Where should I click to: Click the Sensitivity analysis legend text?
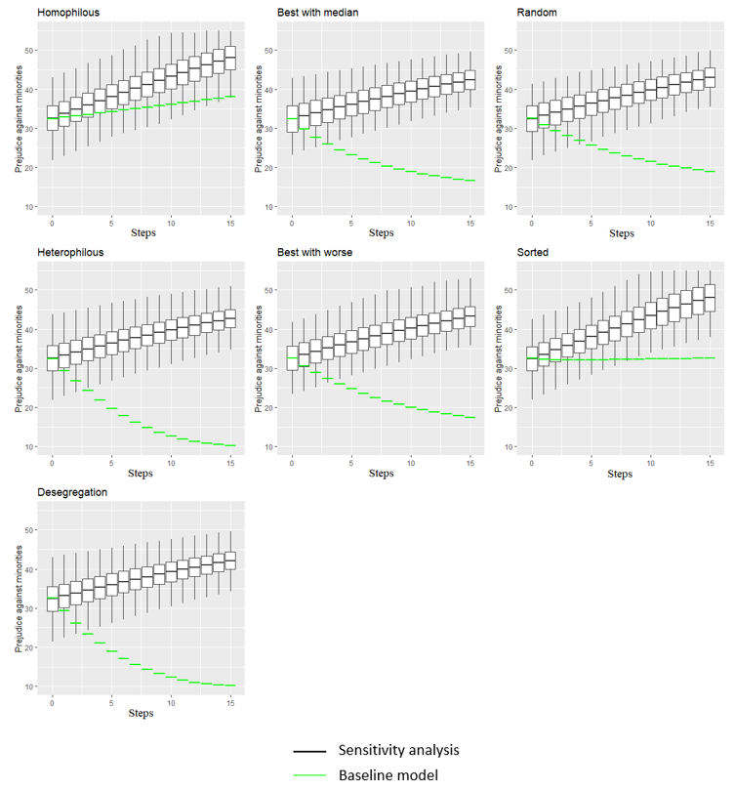tap(398, 750)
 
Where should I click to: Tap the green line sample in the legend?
tap(309, 775)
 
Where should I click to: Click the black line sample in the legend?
tap(309, 751)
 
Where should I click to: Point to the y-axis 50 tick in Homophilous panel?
tap(30, 50)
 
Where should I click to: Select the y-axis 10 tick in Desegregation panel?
tap(30, 686)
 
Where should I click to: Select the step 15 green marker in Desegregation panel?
tap(230, 685)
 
